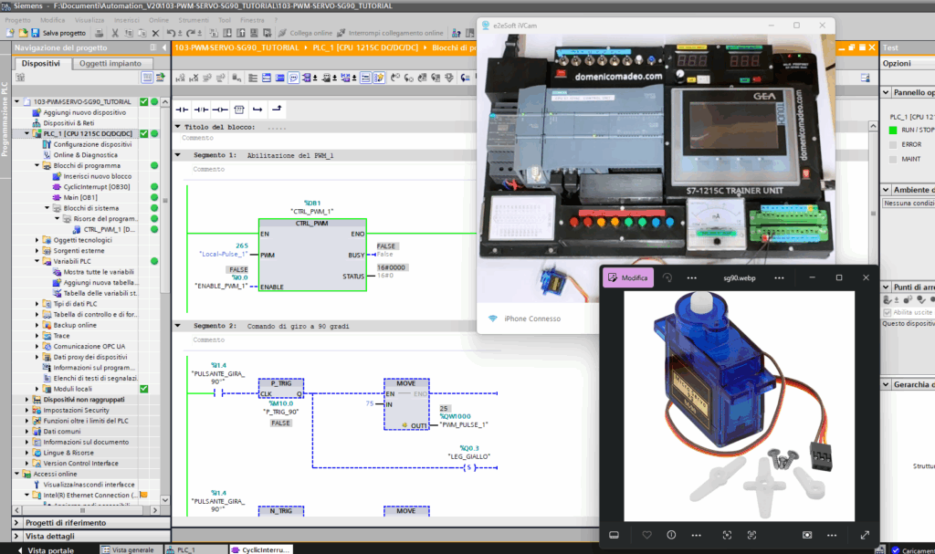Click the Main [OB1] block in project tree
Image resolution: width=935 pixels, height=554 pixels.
(x=80, y=197)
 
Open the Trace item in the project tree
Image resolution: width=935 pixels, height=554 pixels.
(x=61, y=336)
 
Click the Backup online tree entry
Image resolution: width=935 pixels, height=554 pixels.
(x=74, y=325)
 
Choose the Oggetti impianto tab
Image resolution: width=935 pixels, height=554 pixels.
(x=110, y=64)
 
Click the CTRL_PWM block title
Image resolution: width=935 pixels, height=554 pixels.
(x=312, y=224)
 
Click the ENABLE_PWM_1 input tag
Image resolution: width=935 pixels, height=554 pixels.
(x=220, y=287)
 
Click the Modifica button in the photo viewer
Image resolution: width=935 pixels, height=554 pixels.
(x=629, y=277)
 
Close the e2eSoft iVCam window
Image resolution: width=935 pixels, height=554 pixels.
(x=824, y=26)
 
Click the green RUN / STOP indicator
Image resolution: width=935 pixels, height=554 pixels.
(x=894, y=130)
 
